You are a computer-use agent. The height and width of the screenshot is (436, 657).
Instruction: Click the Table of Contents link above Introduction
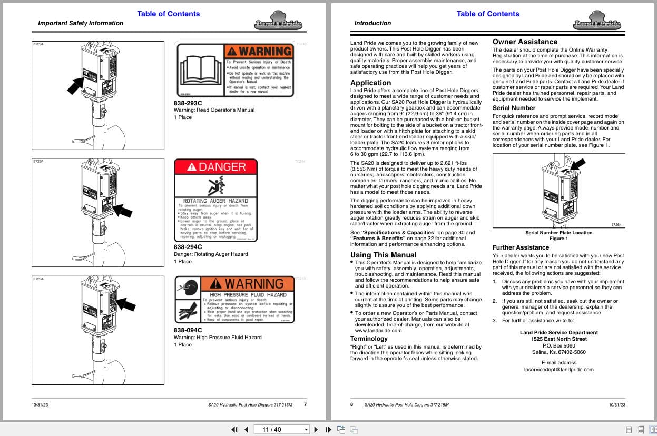pos(487,14)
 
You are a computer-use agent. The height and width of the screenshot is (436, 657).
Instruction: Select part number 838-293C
pos(188,103)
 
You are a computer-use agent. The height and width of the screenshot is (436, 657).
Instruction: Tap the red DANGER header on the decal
pos(216,167)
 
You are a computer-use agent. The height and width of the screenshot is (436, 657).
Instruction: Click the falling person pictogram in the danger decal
pos(216,186)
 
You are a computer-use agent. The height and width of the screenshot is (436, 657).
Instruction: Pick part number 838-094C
pos(188,330)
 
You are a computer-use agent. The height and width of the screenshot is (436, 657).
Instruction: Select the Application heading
pos(371,83)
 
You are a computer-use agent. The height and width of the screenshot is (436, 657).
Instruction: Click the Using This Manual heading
pos(383,255)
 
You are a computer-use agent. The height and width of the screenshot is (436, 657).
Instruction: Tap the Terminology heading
pos(369,339)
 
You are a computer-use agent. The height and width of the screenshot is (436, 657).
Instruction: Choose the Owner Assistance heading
pos(525,42)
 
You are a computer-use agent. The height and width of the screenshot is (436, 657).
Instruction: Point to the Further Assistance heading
pos(521,247)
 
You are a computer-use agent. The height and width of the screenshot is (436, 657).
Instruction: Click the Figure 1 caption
pos(558,239)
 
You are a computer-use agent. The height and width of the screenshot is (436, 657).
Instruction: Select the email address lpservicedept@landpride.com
pos(558,370)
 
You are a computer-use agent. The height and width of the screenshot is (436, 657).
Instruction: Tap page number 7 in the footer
pos(305,404)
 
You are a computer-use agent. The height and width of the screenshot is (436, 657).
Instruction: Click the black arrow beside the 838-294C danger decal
pos(122,211)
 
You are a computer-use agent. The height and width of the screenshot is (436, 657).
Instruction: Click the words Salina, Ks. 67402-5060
pos(558,352)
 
